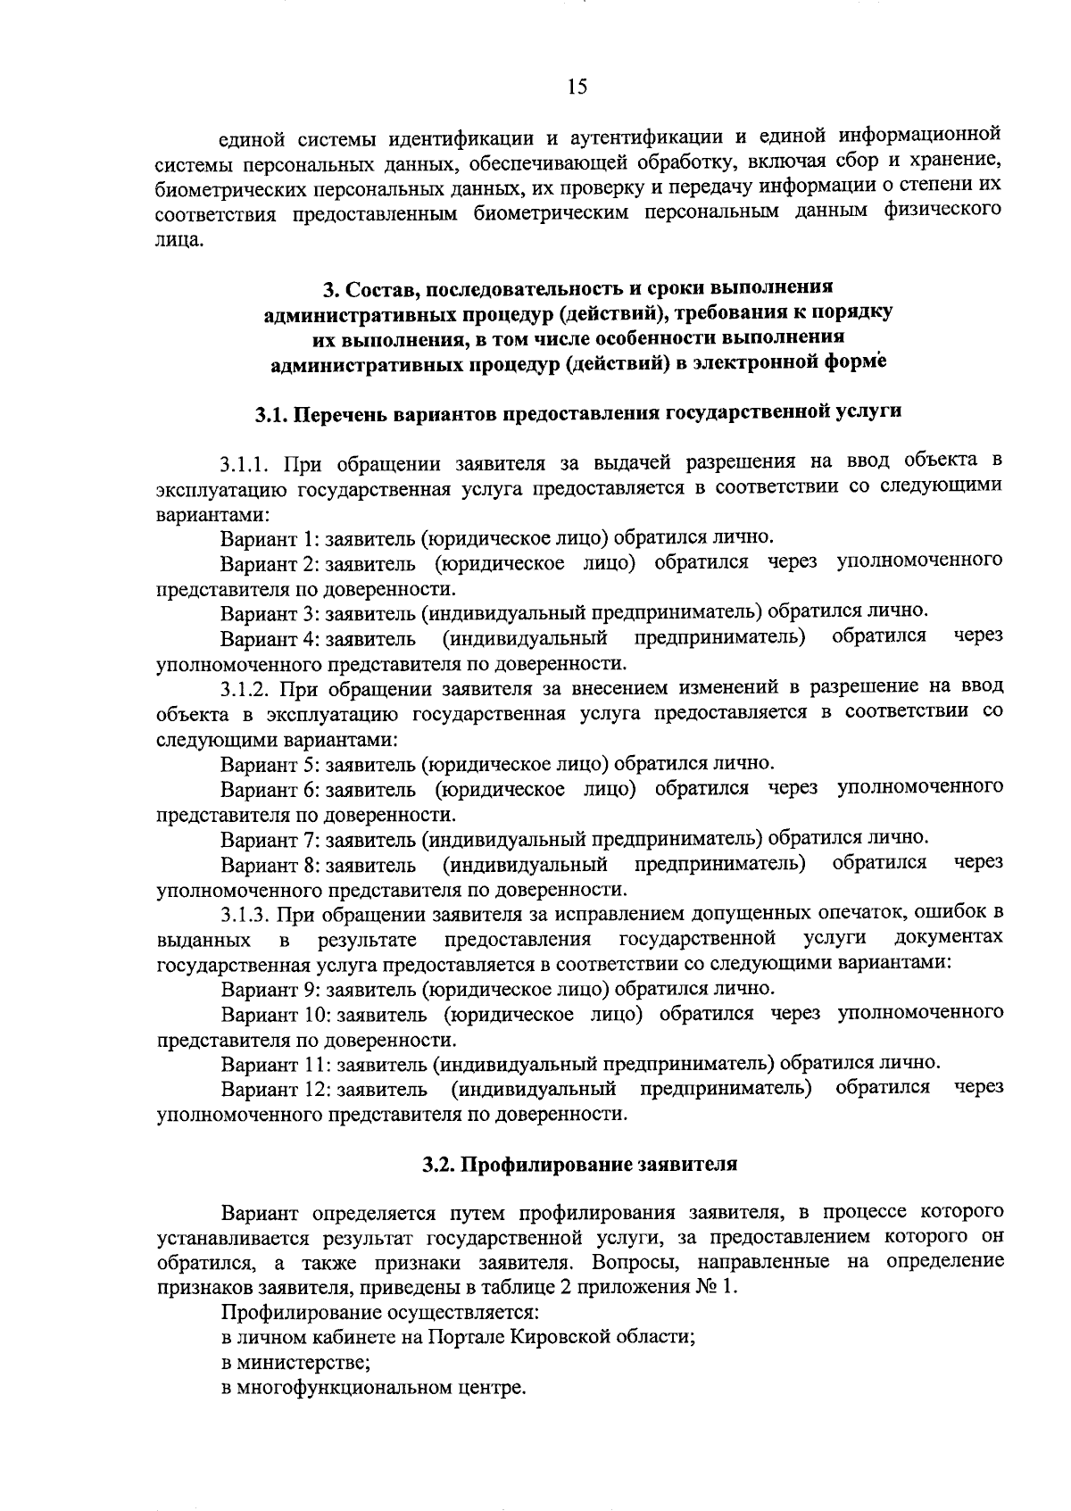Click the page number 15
(x=577, y=87)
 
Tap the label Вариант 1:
(x=270, y=538)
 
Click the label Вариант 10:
(x=276, y=1014)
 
